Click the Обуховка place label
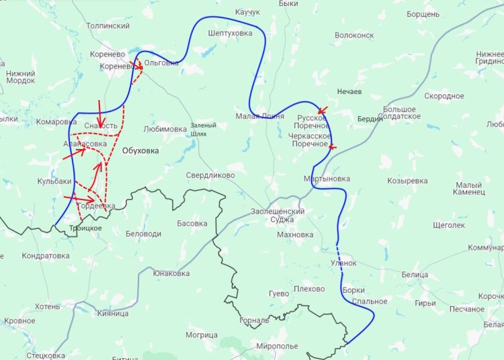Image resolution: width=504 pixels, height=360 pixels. coord(140,151)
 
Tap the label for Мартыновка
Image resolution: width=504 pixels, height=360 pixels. coord(327,179)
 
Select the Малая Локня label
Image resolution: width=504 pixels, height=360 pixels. coord(259,116)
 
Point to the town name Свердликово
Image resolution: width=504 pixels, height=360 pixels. coord(210,175)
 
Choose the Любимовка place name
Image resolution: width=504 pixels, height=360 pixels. coord(165,129)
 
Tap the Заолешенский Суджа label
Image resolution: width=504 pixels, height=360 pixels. coord(278,216)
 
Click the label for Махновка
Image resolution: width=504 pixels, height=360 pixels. coord(295,235)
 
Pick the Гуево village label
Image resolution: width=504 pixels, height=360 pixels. coord(278,294)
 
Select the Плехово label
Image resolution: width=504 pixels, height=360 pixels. coord(309,289)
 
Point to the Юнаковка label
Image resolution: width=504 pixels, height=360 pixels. coord(171,273)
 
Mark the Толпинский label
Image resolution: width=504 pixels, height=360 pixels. coord(108,26)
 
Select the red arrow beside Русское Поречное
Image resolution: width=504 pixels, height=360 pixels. coord(322,111)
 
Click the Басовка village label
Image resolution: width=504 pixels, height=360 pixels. coord(192,223)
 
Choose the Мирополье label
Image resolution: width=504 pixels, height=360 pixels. coord(277,346)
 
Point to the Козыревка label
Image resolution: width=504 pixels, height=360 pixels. coord(407,181)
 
